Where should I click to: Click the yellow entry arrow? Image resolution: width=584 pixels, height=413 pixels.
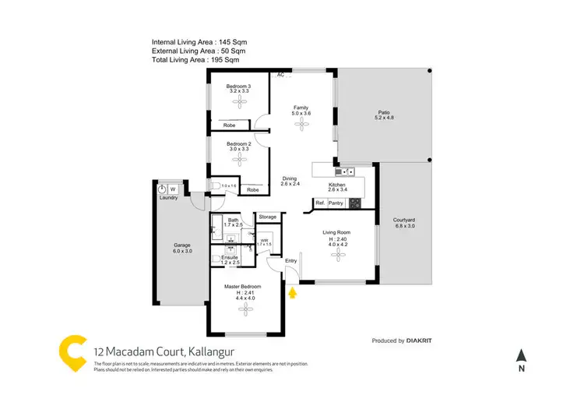coord(293,293)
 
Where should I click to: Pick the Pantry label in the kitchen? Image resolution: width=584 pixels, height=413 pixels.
coord(336,203)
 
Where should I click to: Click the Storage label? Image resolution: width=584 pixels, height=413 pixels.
coord(268,216)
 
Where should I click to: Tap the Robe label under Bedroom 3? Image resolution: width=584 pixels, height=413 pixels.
coord(230,125)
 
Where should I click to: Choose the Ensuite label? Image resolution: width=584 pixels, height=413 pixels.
coord(230,256)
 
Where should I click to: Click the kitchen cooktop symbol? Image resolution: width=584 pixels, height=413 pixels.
coord(354,204)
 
